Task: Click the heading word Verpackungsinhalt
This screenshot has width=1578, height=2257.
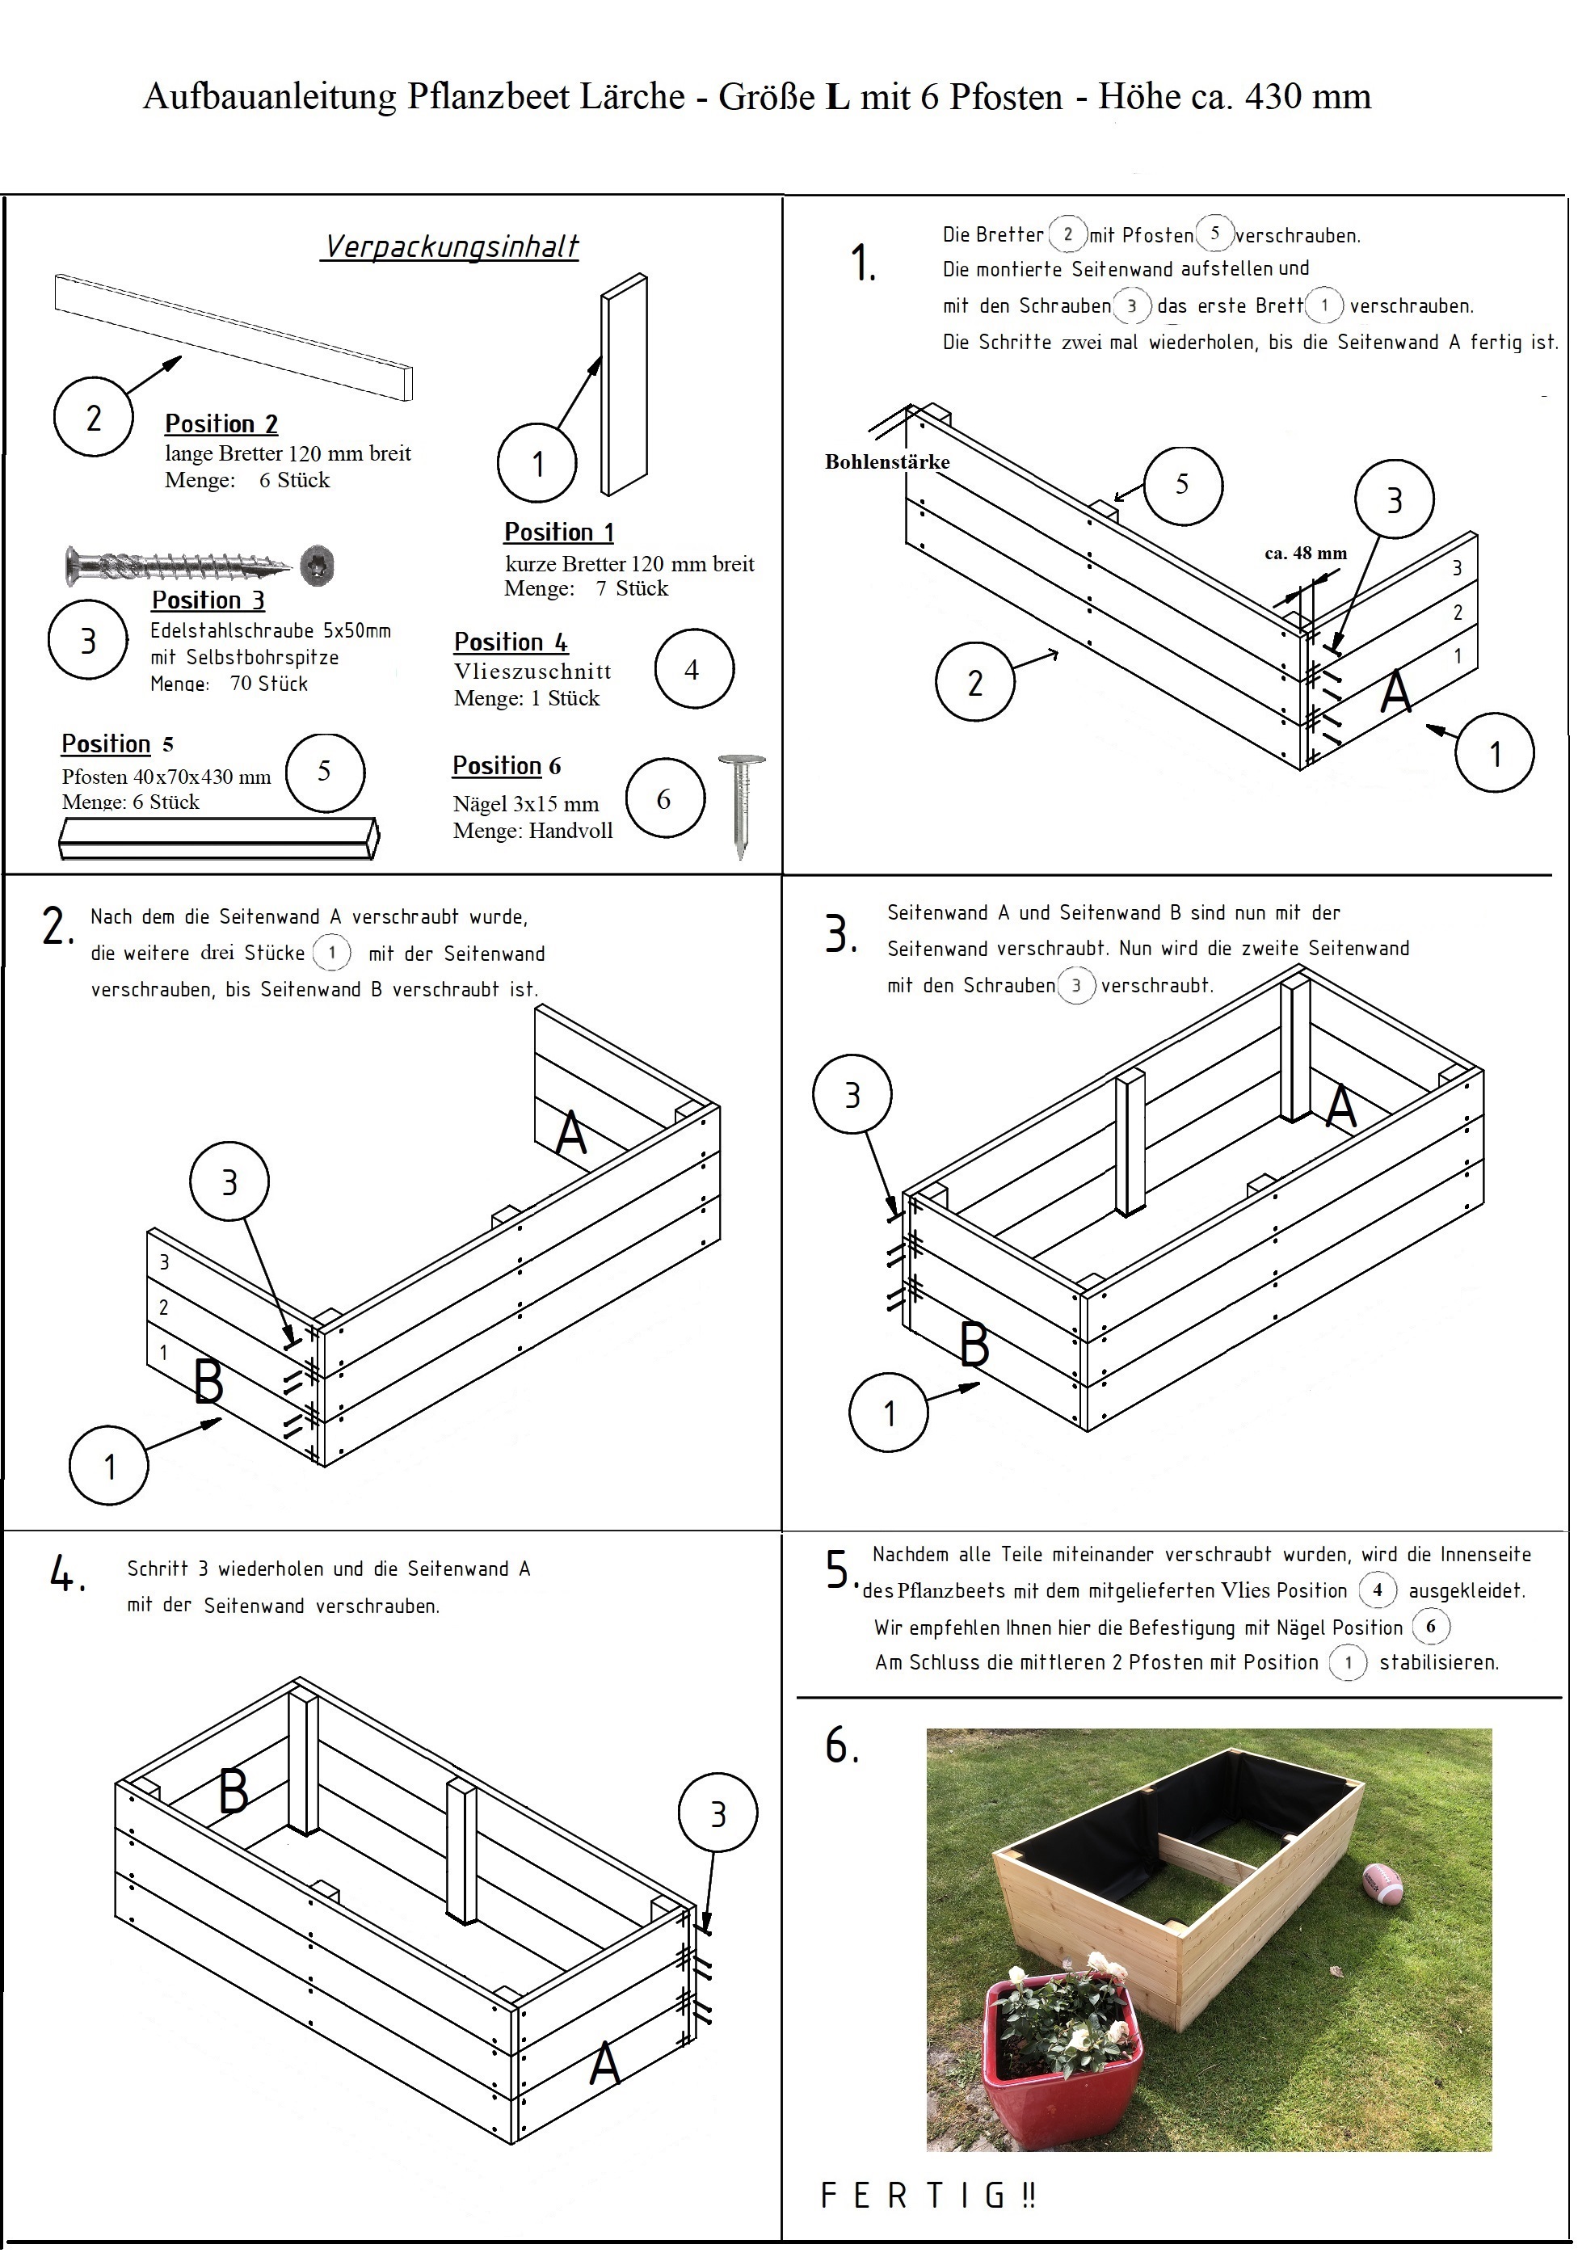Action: pos(452,246)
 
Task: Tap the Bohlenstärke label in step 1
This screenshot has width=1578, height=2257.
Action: pos(887,462)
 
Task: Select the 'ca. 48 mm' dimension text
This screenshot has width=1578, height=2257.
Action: pos(1305,554)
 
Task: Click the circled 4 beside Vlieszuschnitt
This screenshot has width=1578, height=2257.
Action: pos(693,669)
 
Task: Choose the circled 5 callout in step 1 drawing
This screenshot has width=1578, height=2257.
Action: pos(1183,485)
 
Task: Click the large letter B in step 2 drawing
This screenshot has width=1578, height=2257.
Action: pos(208,1381)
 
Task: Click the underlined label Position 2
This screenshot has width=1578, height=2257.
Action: pos(221,423)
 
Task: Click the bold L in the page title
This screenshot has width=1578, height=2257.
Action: pos(837,96)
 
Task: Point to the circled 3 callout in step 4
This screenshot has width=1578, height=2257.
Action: pos(717,1813)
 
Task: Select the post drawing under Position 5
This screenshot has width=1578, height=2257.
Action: pos(218,837)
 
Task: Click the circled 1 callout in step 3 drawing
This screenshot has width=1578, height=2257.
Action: pos(889,1413)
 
